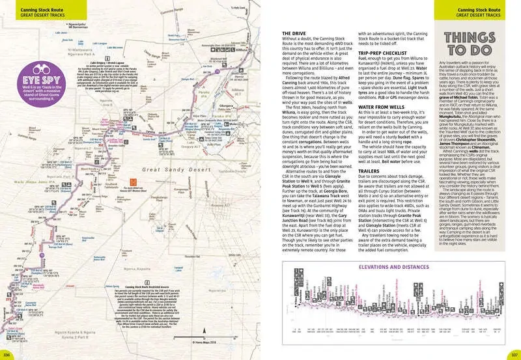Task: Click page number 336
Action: (x=7, y=355)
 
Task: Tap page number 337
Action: (x=513, y=355)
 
